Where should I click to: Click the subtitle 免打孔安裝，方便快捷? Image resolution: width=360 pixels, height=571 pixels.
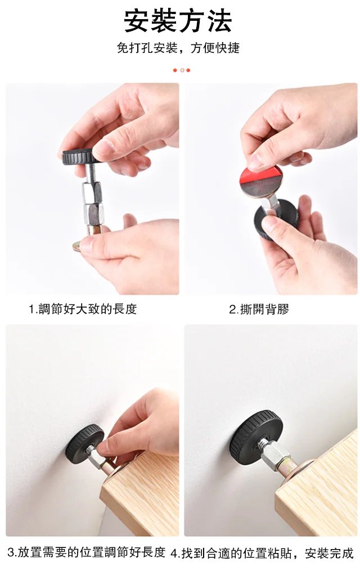pyautogui.click(x=178, y=48)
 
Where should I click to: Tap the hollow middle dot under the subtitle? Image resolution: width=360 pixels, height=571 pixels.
pyautogui.click(x=181, y=70)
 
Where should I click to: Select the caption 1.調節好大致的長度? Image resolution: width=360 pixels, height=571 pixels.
pyautogui.click(x=83, y=309)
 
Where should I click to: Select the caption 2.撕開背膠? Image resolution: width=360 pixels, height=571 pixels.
pyautogui.click(x=259, y=309)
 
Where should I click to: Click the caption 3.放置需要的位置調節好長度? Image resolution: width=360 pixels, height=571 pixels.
pyautogui.click(x=86, y=552)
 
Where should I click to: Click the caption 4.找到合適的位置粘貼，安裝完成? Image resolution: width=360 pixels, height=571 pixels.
pyautogui.click(x=262, y=553)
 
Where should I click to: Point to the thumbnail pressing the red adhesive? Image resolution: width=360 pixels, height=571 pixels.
pyautogui.click(x=256, y=160)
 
